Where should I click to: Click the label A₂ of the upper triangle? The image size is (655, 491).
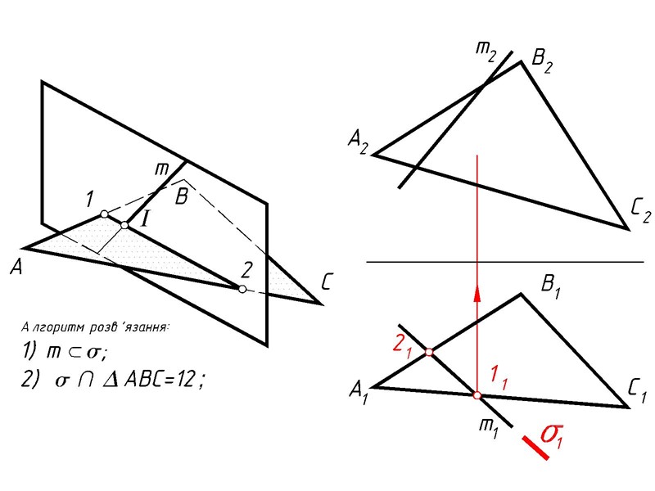358,145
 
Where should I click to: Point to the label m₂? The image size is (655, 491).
486,52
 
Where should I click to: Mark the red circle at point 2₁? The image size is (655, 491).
429,354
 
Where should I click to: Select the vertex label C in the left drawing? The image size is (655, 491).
327,283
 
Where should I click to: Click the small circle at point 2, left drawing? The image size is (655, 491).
242,289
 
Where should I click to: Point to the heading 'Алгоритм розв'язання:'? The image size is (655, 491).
95,327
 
